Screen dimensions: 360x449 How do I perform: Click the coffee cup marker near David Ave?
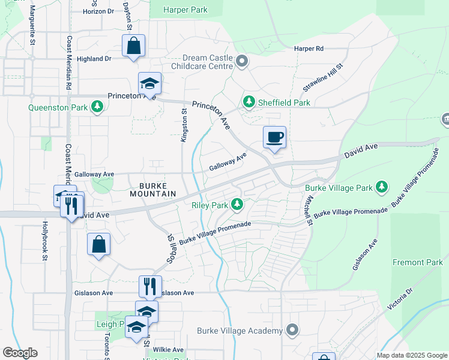coord(274,137)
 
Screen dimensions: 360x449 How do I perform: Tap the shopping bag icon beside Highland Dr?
coord(133,46)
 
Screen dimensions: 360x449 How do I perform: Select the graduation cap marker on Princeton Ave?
coord(149,83)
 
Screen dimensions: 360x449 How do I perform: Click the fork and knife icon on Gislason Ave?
coord(150,286)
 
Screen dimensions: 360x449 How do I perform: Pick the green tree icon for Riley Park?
coord(238,205)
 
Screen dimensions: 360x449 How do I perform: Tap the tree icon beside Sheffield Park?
coord(249,103)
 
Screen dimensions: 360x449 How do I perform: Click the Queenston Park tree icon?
coord(97,107)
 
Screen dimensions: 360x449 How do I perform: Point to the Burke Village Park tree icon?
coord(381,187)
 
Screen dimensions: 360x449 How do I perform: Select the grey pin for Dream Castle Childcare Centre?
coord(242,61)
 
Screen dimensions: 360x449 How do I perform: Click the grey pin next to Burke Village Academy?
coord(292,331)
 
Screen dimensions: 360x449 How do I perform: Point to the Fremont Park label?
coord(417,262)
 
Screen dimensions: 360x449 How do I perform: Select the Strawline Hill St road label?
coord(322,77)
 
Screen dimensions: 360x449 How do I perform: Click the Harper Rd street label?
coord(309,48)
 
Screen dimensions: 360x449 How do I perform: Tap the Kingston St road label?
coord(185,125)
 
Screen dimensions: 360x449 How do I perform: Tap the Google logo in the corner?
coord(20,353)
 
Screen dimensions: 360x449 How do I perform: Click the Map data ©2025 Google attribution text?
coord(412,355)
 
